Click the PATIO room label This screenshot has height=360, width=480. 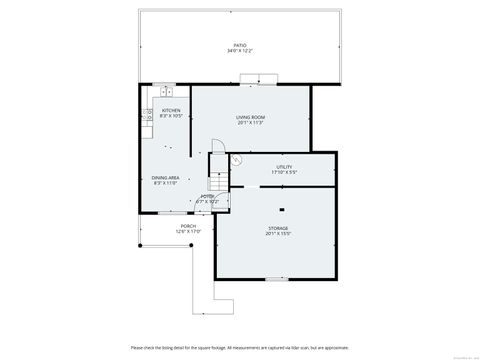click(x=240, y=45)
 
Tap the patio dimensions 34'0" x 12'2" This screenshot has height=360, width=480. click(x=240, y=51)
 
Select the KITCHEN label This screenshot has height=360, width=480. click(x=170, y=111)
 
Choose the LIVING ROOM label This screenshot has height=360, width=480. click(x=250, y=118)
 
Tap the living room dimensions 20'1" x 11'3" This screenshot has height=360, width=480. click(x=250, y=124)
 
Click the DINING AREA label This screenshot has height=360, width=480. click(x=165, y=177)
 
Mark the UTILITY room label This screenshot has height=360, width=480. click(x=283, y=166)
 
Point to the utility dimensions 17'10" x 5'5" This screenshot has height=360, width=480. click(x=283, y=172)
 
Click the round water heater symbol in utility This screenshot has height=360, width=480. click(x=236, y=160)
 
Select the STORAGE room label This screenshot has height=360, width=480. click(x=278, y=228)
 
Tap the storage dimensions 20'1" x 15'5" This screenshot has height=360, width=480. click(x=278, y=234)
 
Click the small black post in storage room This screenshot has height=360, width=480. click(x=281, y=209)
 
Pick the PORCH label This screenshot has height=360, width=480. click(x=189, y=226)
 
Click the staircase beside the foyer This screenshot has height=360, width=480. click(x=219, y=185)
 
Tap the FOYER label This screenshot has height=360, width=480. click(x=207, y=197)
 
